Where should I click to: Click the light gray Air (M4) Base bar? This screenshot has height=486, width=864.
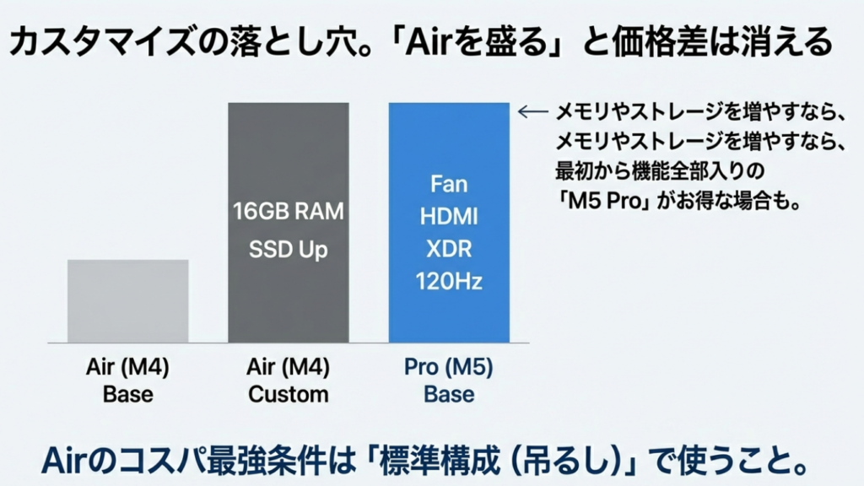(128, 301)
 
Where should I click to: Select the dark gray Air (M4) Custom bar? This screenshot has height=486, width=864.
(289, 223)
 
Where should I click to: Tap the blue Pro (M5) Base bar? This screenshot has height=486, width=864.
(449, 223)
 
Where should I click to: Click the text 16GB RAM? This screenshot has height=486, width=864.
(289, 211)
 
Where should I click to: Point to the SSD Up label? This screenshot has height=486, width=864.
(289, 250)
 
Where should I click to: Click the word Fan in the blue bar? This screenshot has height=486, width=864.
(449, 184)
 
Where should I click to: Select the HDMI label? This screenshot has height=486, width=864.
(449, 217)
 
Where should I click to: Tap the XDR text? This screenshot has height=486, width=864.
(449, 249)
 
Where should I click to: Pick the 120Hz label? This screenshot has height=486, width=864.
(449, 281)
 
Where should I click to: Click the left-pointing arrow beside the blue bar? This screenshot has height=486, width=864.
(533, 112)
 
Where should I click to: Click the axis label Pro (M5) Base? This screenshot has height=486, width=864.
(449, 381)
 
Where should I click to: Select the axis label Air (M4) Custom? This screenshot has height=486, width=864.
(289, 381)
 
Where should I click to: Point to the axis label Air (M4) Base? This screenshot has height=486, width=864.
(128, 381)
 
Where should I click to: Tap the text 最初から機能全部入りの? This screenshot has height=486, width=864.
(660, 171)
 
